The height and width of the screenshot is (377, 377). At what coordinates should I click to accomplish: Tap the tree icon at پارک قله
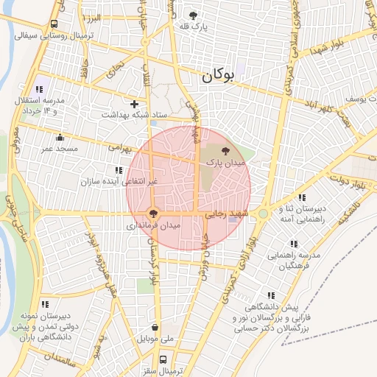pyautogui.click(x=193, y=15)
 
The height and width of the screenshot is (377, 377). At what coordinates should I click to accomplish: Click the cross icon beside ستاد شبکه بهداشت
pyautogui.click(x=134, y=104)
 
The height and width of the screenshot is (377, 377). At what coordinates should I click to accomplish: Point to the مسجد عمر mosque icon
pyautogui.click(x=60, y=136)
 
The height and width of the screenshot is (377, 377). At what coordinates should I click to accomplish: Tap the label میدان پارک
pyautogui.click(x=225, y=161)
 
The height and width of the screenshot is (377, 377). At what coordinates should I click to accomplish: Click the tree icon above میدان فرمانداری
pyautogui.click(x=152, y=214)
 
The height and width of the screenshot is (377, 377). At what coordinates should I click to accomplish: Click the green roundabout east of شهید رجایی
pyautogui.click(x=263, y=214)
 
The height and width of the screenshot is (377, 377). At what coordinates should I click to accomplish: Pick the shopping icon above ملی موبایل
pyautogui.click(x=155, y=328)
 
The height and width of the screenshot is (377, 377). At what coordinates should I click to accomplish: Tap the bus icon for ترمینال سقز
pyautogui.click(x=163, y=359)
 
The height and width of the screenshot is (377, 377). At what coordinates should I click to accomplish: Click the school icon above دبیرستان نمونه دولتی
pyautogui.click(x=46, y=303)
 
